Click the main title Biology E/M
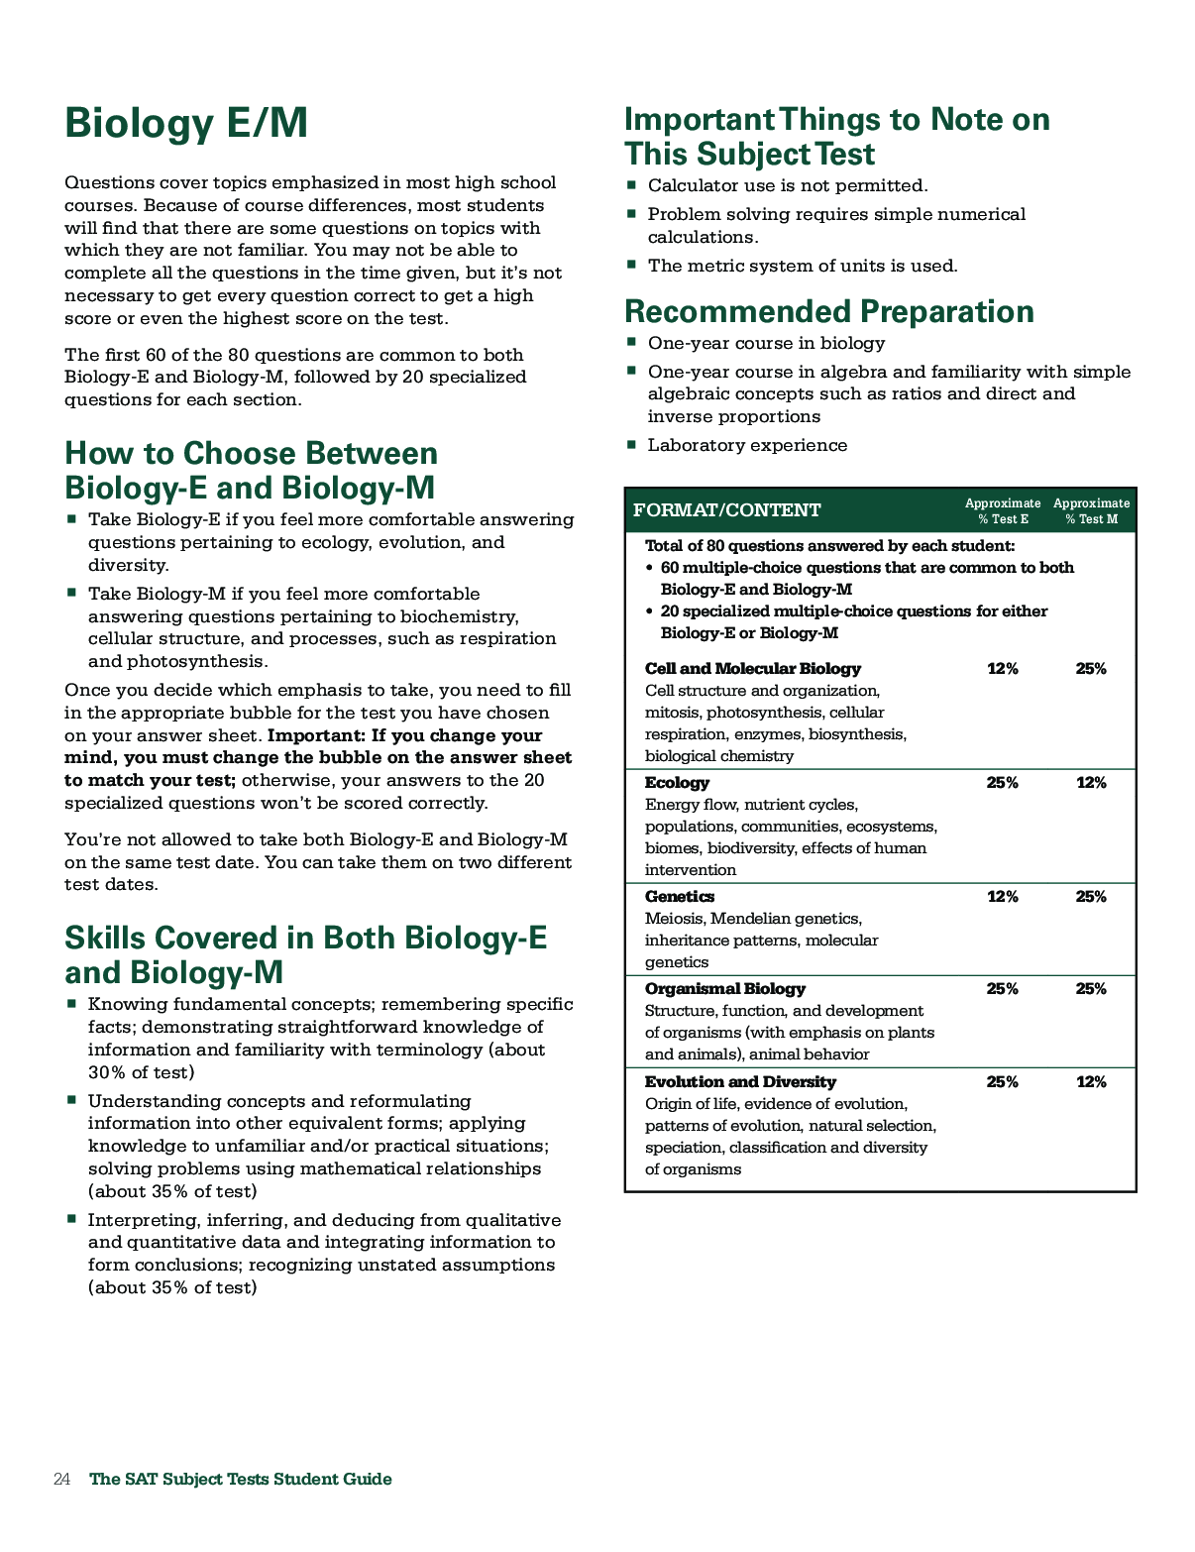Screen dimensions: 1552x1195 185,125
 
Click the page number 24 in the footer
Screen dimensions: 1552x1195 61,1479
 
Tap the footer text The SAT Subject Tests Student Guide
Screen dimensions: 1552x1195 241,1479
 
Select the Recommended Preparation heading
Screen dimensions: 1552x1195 828,311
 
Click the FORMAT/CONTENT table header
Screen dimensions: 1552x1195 726,510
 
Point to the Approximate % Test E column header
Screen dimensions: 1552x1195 1003,510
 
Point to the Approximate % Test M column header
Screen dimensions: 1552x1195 1091,510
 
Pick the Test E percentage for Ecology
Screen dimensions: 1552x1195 1003,783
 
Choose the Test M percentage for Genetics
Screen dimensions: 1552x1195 1091,897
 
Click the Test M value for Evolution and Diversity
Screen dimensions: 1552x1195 1091,1082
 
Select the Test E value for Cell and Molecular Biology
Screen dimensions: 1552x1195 1003,669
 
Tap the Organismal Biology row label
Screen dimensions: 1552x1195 724,989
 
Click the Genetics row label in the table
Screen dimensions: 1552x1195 679,897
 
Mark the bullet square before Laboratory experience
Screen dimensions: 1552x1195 630,445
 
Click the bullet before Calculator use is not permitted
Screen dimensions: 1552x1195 630,185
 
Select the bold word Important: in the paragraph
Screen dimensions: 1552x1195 314,735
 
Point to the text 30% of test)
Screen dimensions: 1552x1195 141,1072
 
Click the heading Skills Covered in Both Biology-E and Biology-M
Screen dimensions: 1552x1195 305,955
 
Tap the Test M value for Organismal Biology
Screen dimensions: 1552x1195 1091,989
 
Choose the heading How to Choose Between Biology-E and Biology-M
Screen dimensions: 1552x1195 251,471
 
